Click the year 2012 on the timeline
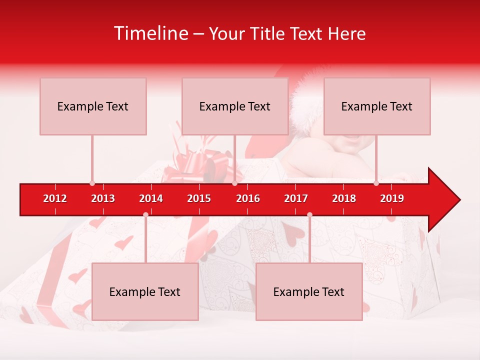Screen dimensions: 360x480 coord(55,198)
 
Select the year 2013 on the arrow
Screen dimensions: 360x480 coord(103,198)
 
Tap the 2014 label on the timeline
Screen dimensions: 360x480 coord(151,198)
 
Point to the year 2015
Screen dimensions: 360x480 coord(199,198)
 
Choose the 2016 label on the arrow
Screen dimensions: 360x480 coord(248,198)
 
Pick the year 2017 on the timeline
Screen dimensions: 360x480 coord(296,198)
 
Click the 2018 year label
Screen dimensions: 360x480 coord(344,198)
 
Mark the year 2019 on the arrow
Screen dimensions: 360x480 coord(392,198)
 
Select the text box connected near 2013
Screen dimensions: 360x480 coord(93,106)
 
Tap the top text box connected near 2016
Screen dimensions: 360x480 coord(235,106)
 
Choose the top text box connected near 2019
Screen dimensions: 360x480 coord(377,106)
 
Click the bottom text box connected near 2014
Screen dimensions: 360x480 coord(145,291)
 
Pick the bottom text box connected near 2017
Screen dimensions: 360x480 coord(309,291)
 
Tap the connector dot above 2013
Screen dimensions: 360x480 coord(92,183)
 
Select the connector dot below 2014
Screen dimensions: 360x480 coord(145,215)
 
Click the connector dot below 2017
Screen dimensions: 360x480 coord(309,215)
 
